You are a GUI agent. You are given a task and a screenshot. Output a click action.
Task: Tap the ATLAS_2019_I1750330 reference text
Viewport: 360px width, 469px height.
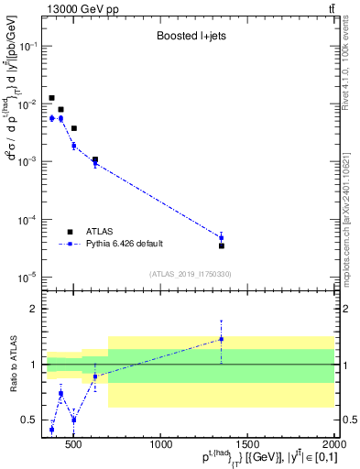click(191, 274)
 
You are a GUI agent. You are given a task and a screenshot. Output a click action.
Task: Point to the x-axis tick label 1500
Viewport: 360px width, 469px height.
click(248, 445)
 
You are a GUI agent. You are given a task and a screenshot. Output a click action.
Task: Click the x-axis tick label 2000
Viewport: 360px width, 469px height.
click(333, 445)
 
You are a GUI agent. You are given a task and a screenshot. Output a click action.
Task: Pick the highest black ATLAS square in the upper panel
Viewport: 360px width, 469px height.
click(52, 98)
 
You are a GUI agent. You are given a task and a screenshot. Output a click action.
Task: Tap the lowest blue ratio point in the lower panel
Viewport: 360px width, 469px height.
click(52, 429)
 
